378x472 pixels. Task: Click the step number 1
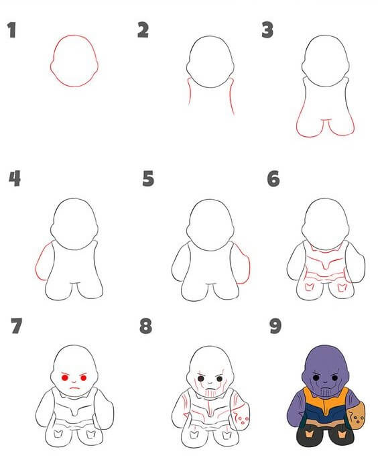click(x=11, y=31)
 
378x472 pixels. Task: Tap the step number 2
click(x=142, y=29)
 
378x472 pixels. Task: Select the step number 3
click(x=268, y=30)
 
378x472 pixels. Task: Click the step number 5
click(x=148, y=179)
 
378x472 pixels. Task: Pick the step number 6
click(x=273, y=179)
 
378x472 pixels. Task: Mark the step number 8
click(x=145, y=327)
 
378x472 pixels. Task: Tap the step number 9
click(x=273, y=327)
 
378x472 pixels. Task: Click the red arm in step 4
click(x=41, y=262)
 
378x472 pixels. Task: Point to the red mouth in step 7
click(x=76, y=390)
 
